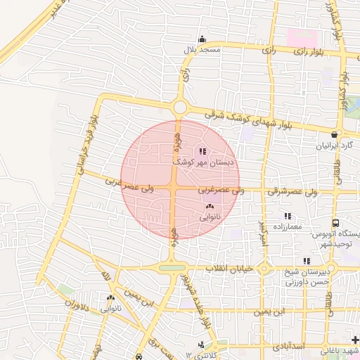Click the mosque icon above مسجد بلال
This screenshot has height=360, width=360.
pos(202,39)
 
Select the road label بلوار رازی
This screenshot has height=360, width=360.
pos(307,51)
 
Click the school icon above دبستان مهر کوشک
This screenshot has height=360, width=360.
pos(202,151)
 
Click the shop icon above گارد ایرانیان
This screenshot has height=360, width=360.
pos(335,134)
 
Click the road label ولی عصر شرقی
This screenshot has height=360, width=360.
pos(293,191)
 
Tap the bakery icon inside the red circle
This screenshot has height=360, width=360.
pos(210,207)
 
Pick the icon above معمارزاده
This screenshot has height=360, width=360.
pos(287,216)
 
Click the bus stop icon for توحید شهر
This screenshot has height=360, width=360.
pos(335,222)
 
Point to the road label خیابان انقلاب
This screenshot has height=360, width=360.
pos(229,269)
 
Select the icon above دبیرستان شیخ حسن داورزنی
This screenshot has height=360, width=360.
pos(306,261)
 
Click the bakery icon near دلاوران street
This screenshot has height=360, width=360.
pos(110,298)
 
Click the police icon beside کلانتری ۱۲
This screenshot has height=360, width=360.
pos(202,344)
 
